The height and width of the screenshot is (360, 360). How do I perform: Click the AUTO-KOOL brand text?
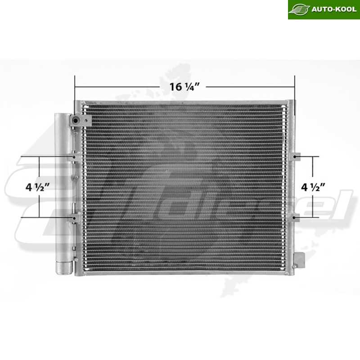point(334,9)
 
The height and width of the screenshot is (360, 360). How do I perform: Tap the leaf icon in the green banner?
point(299,9)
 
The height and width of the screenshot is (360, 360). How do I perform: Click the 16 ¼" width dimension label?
point(184,87)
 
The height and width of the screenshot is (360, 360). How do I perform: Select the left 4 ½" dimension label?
point(37,187)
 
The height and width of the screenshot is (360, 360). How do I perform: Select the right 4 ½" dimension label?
point(313,187)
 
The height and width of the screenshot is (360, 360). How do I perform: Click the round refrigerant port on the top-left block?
point(75,120)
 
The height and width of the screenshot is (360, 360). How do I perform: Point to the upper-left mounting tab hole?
point(74,157)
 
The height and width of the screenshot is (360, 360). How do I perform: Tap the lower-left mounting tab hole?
point(74,217)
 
